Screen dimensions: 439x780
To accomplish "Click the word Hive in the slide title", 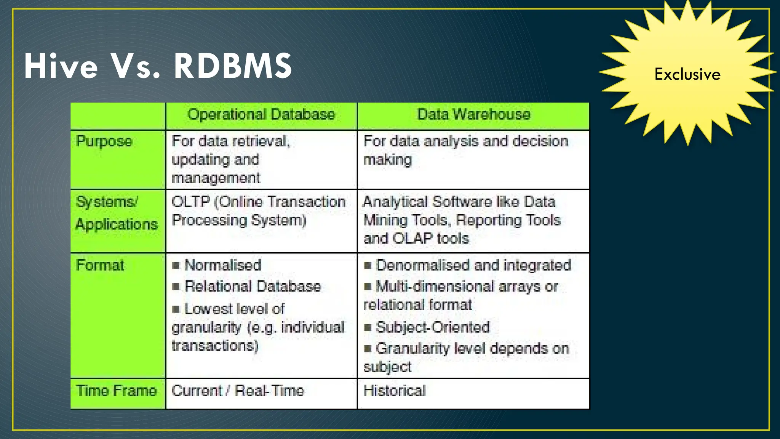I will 61,66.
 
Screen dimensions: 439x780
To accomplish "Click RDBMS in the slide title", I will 233,66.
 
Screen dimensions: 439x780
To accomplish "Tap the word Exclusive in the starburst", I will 687,74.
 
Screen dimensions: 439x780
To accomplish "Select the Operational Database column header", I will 261,115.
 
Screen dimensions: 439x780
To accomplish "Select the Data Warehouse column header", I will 474,115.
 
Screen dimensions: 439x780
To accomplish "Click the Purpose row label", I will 104,142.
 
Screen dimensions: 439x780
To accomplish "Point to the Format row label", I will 100,265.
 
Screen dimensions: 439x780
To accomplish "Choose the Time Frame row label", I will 117,391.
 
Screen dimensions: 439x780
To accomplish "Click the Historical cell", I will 395,391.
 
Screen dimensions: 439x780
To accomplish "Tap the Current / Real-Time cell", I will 238,391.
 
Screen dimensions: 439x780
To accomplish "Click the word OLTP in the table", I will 190,202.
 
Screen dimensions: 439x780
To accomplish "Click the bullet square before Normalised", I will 176,266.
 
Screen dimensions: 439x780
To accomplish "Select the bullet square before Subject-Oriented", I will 368,327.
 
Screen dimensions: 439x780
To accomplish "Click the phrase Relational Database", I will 253,287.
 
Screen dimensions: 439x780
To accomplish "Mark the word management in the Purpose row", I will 216,178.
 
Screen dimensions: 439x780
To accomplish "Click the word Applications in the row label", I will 117,224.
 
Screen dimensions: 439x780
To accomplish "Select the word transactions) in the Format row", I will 215,346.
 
